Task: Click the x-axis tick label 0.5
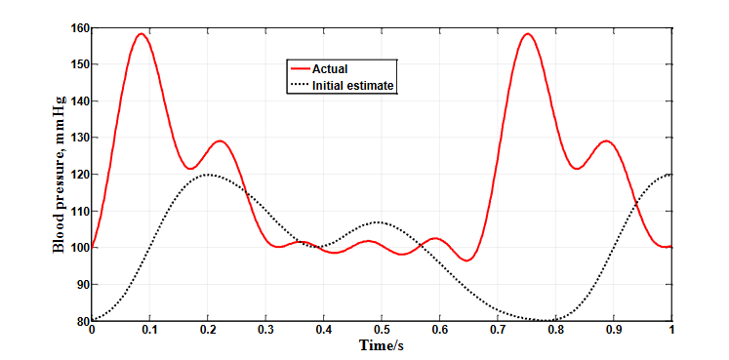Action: [382, 332]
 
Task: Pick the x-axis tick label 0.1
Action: [149, 332]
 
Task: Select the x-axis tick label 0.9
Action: [614, 332]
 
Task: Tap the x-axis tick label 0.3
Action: [265, 332]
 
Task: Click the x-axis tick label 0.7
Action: [498, 332]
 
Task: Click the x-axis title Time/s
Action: [381, 346]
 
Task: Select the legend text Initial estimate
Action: [352, 86]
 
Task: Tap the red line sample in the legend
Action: [297, 69]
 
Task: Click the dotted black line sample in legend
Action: [297, 86]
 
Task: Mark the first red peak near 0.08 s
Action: [141, 34]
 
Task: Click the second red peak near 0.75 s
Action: [528, 34]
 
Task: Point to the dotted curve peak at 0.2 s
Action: [207, 175]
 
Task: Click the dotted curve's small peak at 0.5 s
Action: [381, 222]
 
